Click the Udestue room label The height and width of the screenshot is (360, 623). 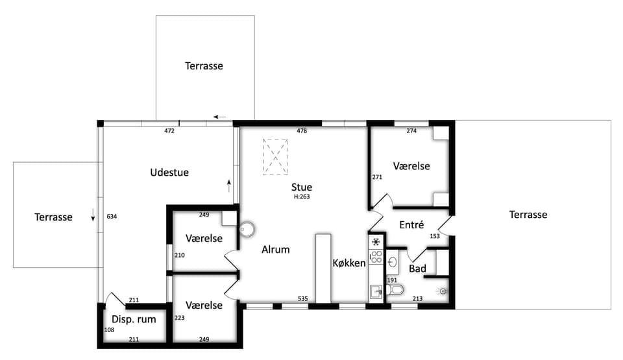(169, 173)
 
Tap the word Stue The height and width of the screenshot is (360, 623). (302, 187)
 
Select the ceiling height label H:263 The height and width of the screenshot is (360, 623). (302, 197)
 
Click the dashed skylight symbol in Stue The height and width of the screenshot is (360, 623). (275, 156)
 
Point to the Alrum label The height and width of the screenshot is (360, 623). (275, 250)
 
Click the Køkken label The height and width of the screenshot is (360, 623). (349, 263)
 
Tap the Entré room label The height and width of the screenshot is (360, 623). (411, 225)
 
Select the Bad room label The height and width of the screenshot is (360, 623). (417, 269)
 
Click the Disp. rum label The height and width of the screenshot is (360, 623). (134, 320)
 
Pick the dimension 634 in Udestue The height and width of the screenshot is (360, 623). (112, 217)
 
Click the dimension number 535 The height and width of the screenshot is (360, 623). (303, 299)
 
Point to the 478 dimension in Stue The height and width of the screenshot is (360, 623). (302, 131)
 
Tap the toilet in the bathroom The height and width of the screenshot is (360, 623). (395, 290)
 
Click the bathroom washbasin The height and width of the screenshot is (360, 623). (393, 262)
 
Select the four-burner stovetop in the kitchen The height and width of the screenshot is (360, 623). (376, 257)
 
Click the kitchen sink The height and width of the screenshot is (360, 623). (376, 292)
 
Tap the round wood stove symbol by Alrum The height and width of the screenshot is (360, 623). (247, 229)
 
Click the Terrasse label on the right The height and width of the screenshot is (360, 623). (528, 215)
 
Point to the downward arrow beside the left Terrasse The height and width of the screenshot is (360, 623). (93, 215)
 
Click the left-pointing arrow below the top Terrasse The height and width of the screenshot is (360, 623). (220, 117)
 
